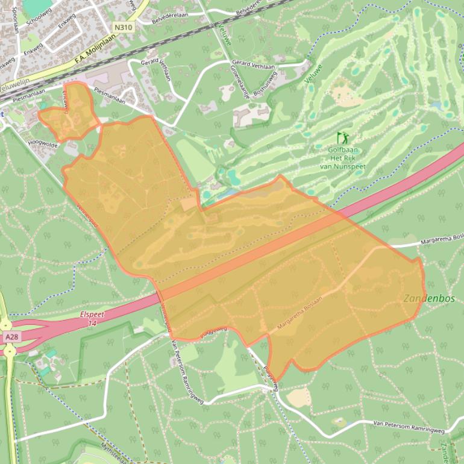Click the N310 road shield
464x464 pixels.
pos(122,27)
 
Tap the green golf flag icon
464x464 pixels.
pos(343,138)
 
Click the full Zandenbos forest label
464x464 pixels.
pos(430,299)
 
